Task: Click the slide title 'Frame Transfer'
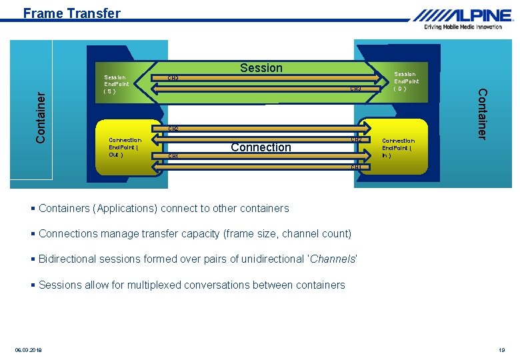point(71,13)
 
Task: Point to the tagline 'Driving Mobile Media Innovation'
point(463,27)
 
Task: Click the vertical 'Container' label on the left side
point(41,116)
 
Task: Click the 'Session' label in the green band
point(261,68)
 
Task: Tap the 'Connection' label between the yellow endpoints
point(261,147)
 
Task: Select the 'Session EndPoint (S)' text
point(116,84)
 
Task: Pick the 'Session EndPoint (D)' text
point(405,81)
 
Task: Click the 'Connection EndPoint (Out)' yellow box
point(124,147)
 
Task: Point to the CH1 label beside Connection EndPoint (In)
point(355,167)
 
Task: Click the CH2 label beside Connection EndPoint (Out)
point(173,129)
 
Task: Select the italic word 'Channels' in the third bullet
point(332,259)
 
